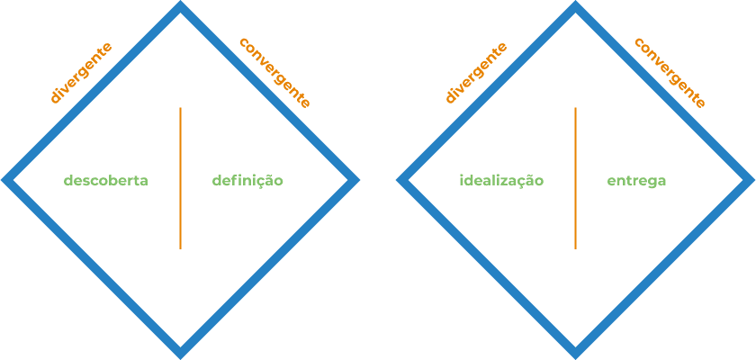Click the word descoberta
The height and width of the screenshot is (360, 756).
click(105, 181)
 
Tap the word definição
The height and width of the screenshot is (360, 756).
click(247, 181)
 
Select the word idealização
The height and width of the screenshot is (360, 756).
click(501, 181)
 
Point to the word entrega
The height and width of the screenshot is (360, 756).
click(636, 181)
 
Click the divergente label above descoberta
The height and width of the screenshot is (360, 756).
click(81, 73)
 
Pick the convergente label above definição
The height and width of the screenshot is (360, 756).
click(275, 73)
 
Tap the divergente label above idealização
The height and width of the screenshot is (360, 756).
click(476, 73)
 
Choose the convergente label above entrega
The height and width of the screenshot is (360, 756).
click(670, 73)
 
